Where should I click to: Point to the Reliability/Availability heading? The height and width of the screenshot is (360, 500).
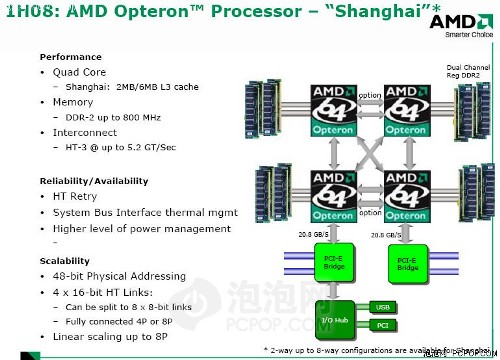click(x=94, y=181)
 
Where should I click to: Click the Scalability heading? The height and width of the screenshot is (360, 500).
click(x=64, y=260)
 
